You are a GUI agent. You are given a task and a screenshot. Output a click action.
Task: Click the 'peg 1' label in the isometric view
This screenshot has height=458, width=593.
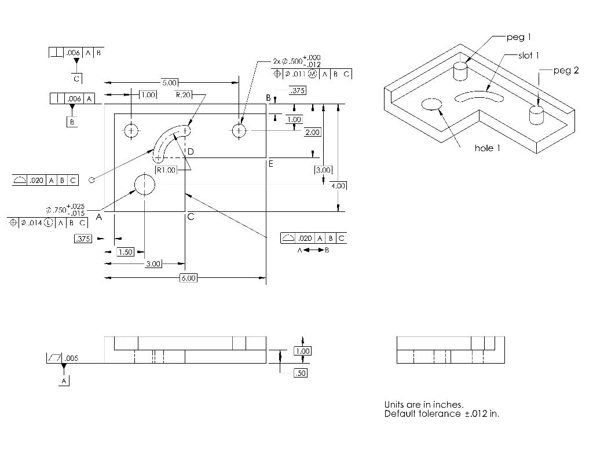click(518, 37)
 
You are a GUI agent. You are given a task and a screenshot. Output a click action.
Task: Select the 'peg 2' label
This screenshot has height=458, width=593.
click(566, 71)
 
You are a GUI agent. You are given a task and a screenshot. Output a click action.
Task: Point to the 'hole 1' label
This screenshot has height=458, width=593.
click(488, 148)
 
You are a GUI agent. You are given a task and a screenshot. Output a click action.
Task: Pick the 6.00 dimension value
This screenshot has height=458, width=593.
click(189, 278)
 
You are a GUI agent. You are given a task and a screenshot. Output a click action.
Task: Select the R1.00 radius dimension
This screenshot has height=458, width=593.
click(167, 170)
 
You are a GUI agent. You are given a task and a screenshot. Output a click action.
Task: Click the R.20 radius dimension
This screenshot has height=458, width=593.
click(184, 94)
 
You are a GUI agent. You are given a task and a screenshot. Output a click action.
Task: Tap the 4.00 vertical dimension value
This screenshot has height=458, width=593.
click(338, 185)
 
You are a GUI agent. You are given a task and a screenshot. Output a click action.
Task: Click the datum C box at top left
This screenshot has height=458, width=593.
click(76, 78)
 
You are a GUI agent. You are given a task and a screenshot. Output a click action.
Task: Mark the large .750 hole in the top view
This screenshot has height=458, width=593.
click(145, 185)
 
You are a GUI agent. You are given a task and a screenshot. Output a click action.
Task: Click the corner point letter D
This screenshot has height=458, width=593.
click(190, 152)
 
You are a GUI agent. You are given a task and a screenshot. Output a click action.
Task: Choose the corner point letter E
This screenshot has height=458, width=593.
click(270, 164)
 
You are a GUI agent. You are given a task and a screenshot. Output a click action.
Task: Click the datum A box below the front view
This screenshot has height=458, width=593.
click(64, 380)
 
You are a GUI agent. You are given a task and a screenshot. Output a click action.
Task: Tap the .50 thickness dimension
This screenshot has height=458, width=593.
click(300, 373)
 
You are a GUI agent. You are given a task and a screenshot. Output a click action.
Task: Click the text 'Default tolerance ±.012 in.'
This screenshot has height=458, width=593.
click(441, 414)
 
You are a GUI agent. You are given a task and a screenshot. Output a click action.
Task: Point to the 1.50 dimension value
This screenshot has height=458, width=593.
click(126, 252)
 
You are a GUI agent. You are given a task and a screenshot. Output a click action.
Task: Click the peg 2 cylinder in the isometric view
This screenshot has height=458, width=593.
click(537, 114)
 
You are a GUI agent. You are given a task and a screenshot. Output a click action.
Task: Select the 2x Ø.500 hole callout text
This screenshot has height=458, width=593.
click(296, 61)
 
